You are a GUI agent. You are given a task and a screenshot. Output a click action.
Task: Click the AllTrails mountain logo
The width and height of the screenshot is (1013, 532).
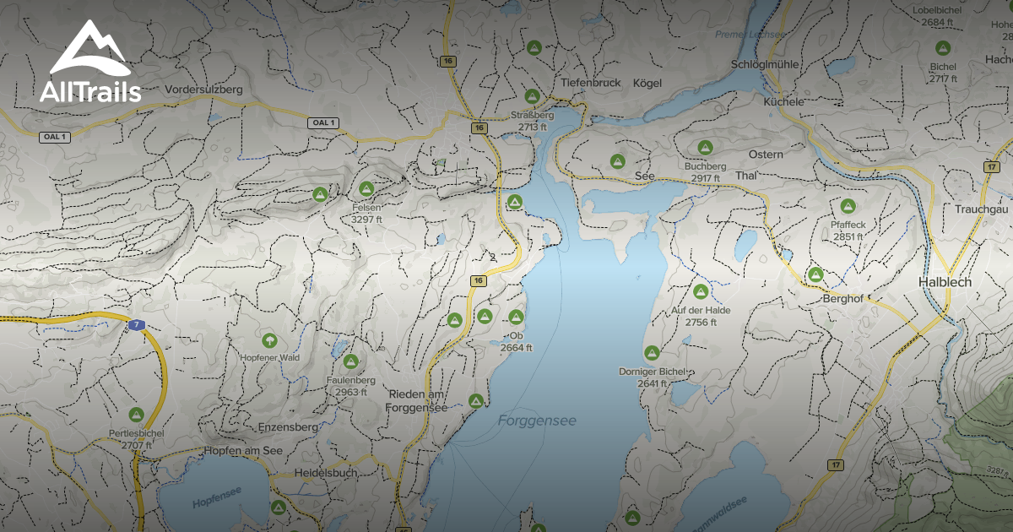pyautogui.click(x=89, y=51)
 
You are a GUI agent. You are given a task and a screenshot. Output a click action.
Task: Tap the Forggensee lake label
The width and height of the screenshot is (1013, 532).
pyautogui.click(x=537, y=420)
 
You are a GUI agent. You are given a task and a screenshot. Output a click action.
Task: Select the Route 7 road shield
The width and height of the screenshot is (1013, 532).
pyautogui.click(x=137, y=325)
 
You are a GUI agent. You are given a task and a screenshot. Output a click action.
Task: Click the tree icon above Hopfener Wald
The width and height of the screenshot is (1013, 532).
pyautogui.click(x=269, y=341)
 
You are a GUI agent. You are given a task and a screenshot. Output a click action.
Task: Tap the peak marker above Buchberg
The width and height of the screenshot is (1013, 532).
pyautogui.click(x=705, y=147)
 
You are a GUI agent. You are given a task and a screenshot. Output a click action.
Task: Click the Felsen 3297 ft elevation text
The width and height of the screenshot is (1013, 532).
pyautogui.click(x=367, y=219)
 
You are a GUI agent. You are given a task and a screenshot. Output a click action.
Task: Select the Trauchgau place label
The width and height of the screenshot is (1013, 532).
pyautogui.click(x=982, y=209)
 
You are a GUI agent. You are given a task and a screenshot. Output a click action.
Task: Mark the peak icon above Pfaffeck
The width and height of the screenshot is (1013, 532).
pyautogui.click(x=848, y=206)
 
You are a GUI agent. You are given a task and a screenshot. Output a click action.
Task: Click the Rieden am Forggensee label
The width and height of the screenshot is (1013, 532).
pyautogui.click(x=417, y=401)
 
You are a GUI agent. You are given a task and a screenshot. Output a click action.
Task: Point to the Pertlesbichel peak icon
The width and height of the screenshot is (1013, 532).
pyautogui.click(x=136, y=415)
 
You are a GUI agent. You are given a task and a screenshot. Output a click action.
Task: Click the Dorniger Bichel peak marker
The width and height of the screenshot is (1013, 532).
pyautogui.click(x=652, y=353)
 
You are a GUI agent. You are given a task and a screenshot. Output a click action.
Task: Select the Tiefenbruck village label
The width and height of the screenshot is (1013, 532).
pyautogui.click(x=591, y=83)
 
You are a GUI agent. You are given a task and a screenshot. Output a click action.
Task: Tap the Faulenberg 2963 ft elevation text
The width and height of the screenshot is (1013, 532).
pyautogui.click(x=351, y=392)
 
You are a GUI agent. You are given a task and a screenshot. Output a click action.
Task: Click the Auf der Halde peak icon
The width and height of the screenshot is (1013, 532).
pyautogui.click(x=700, y=291)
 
